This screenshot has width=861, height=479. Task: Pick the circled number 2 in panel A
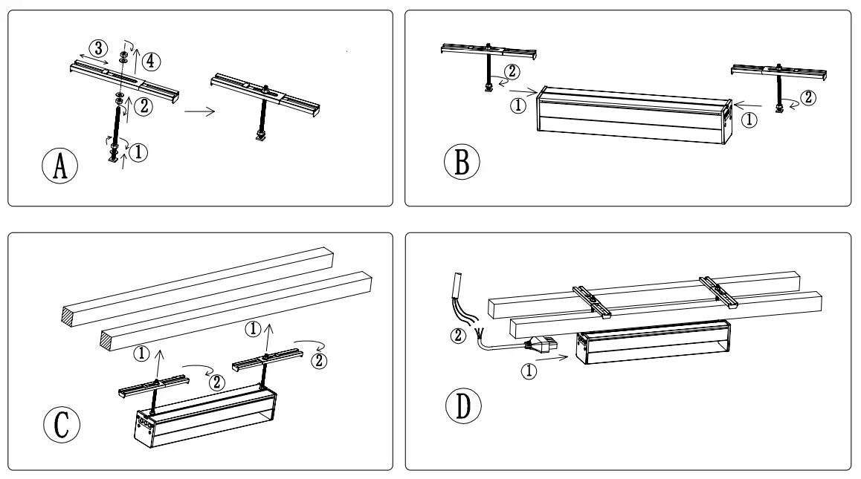[x=143, y=107]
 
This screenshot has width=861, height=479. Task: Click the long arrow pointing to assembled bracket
[x=199, y=112]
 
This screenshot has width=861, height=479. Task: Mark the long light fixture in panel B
[x=633, y=118]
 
